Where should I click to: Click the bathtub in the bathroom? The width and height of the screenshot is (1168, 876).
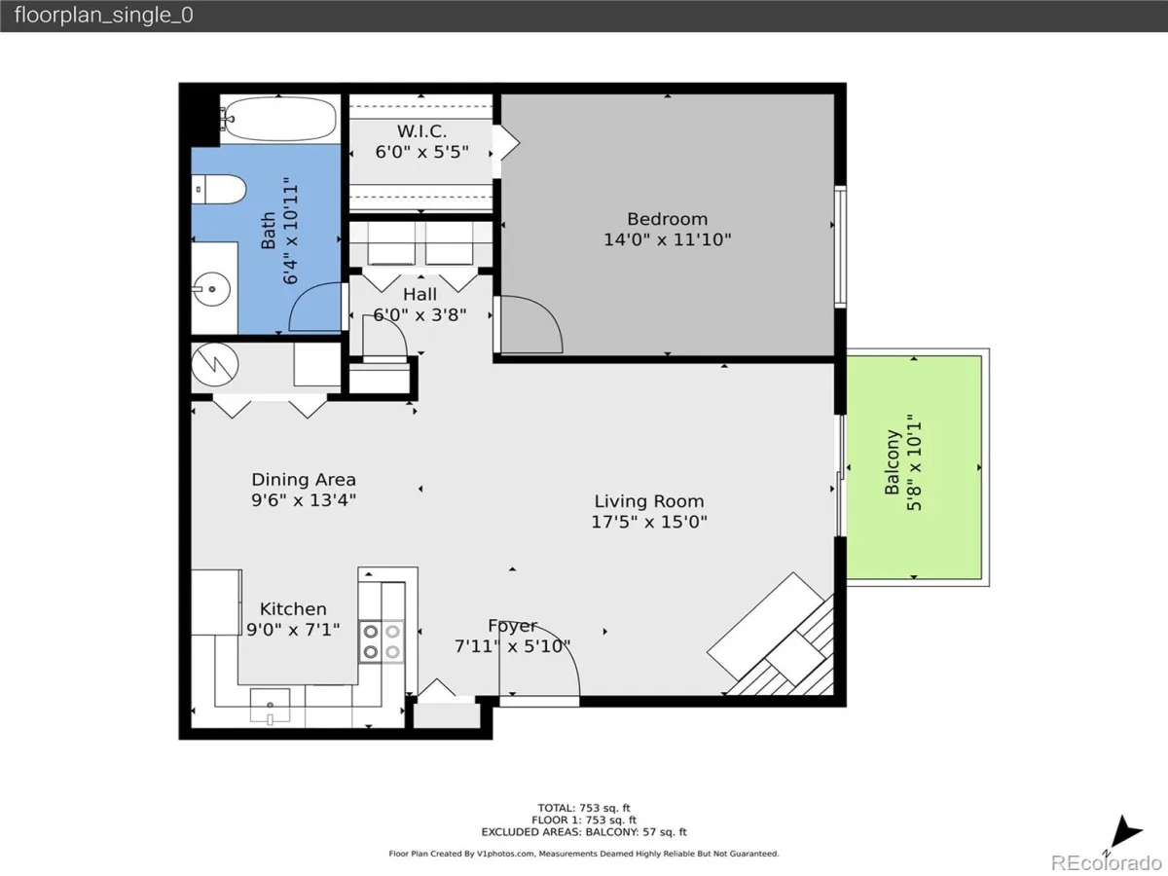tap(280, 119)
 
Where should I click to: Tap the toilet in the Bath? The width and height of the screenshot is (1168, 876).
tap(219, 189)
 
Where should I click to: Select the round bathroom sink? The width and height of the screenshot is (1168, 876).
tap(211, 289)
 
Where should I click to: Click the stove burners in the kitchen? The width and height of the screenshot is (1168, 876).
tap(382, 640)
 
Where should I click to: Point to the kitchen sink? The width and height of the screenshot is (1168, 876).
tap(271, 706)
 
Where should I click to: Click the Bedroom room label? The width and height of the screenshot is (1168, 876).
tap(668, 219)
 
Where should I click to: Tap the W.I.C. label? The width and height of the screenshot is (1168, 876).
tap(422, 130)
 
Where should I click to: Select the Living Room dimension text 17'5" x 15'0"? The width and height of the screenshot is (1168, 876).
tap(649, 522)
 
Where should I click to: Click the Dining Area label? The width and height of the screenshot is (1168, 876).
tap(304, 479)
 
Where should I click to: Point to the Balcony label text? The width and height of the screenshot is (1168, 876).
tap(893, 462)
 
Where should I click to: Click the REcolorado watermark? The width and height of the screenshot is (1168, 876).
tap(1106, 862)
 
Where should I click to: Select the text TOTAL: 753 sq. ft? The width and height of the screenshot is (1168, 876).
tap(584, 808)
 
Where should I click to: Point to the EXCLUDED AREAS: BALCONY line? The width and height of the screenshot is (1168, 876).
tap(584, 832)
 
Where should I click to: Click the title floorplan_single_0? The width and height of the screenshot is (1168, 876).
tap(104, 15)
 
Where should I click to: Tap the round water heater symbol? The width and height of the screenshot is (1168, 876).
tap(215, 365)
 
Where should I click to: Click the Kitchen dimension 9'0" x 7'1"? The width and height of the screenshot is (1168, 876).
tap(293, 630)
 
